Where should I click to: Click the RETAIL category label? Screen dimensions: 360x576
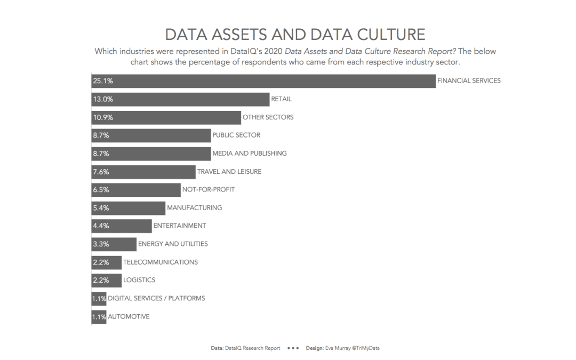(x=281, y=99)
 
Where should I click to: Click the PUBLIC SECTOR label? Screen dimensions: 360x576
(x=236, y=135)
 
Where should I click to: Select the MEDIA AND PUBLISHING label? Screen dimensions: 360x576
(x=249, y=154)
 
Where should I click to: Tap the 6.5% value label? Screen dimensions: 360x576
(x=101, y=190)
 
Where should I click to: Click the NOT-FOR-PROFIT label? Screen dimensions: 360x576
(x=208, y=189)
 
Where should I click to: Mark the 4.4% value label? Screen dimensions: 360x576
(x=101, y=226)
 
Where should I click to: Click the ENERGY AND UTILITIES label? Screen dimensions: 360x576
(x=173, y=244)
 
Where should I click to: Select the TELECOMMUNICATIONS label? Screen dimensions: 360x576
(x=160, y=262)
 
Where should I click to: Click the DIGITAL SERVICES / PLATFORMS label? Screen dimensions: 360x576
(x=156, y=298)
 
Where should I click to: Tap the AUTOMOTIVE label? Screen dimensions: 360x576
(x=129, y=316)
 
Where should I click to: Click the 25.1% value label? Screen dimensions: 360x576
(x=102, y=81)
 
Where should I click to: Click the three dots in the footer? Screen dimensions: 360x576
(x=293, y=348)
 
